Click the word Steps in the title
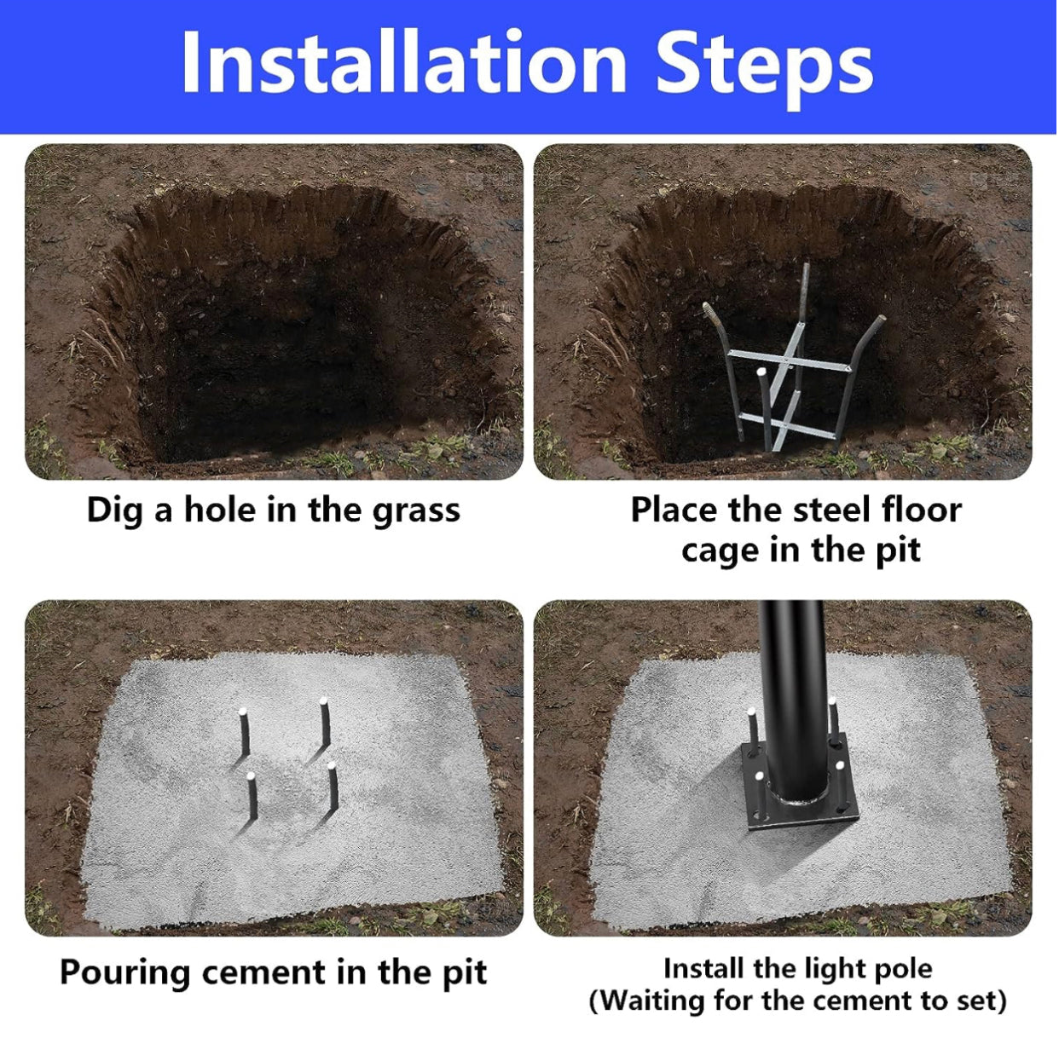[x=765, y=68]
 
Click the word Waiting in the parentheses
[x=652, y=1001]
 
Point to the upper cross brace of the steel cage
[x=790, y=360]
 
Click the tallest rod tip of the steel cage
[x=807, y=266]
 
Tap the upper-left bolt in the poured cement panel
[x=244, y=734]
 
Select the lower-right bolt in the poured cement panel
[x=333, y=787]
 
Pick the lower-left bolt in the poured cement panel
[x=252, y=798]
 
